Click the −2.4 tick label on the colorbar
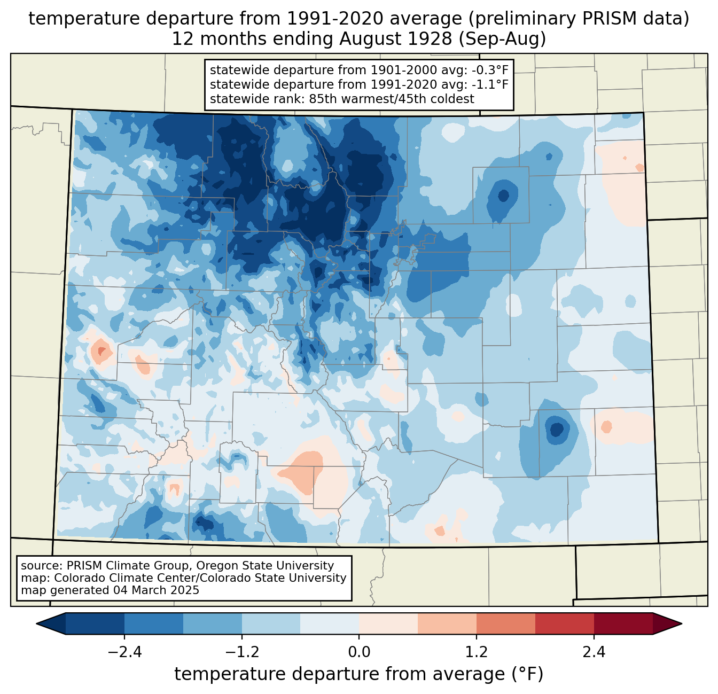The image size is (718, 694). point(124,652)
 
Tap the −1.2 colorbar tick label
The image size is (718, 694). point(242,652)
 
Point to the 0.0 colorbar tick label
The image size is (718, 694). point(359,652)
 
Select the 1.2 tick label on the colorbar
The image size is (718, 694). point(477,652)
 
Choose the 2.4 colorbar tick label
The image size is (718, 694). point(594,652)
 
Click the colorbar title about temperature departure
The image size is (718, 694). point(358,674)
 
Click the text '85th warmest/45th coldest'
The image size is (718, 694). point(391,99)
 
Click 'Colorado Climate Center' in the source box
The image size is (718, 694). point(118,578)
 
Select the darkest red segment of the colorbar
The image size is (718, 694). point(623,623)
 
